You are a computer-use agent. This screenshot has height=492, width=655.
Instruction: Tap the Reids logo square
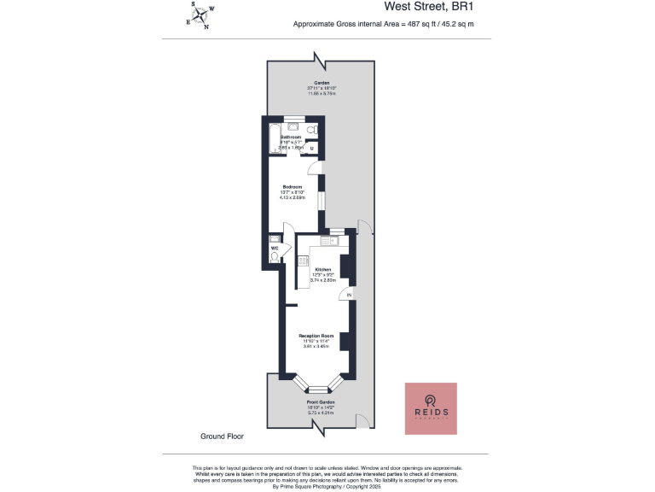[431, 408]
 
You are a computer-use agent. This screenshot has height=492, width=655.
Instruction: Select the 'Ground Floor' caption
[222, 436]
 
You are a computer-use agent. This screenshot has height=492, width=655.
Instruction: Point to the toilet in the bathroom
[313, 129]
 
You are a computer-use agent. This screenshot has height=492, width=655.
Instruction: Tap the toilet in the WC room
[274, 255]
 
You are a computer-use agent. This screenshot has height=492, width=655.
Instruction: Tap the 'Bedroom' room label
[293, 187]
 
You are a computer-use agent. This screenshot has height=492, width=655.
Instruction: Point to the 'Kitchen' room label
[322, 269]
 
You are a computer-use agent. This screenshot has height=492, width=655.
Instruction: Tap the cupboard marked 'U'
[312, 149]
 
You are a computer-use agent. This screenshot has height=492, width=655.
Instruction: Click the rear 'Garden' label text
[321, 83]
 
